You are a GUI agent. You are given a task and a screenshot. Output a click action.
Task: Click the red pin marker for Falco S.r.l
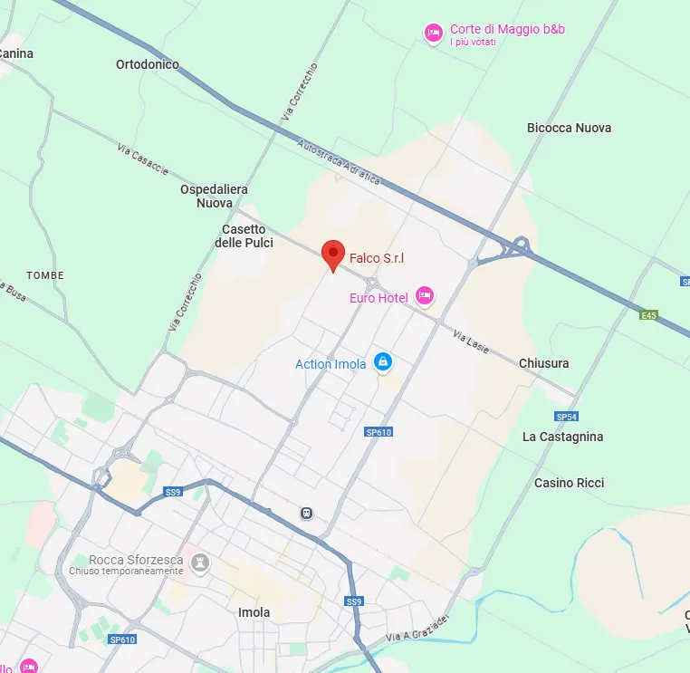coord(334,255)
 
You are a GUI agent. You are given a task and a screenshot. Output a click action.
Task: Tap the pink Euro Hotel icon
coord(425,295)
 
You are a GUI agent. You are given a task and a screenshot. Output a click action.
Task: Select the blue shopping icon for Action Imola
coord(383,362)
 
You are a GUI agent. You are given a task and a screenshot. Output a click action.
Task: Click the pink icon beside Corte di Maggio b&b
coord(434,33)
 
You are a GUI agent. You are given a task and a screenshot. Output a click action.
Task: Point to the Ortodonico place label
coord(148,64)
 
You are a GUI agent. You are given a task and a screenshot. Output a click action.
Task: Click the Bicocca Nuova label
coord(569,128)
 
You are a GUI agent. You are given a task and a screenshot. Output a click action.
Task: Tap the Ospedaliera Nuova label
coord(214,197)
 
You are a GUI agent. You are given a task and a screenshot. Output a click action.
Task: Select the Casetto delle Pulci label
coord(244,236)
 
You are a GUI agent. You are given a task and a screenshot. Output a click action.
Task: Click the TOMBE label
coord(45,274)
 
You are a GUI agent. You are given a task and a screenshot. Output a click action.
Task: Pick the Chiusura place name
coord(544,363)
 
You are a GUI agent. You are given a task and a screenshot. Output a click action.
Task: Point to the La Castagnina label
coord(562,437)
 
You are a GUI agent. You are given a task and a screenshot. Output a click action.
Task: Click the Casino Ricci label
coord(569,483)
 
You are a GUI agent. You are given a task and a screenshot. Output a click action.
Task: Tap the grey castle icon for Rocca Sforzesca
coord(200,563)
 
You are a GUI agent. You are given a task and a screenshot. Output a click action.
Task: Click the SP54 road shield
coord(567,417)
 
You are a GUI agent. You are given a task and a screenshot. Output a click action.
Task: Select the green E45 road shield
coord(647,315)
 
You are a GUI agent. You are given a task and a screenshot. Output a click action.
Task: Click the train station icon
coord(307,513)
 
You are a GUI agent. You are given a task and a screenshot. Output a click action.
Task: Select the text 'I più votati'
coord(473,42)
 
